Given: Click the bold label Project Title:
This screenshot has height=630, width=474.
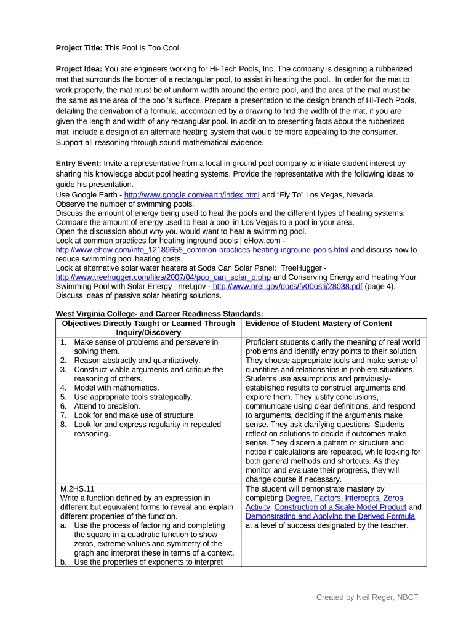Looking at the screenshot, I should coord(79,48).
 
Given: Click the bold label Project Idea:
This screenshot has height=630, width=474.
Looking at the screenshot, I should coord(79,69).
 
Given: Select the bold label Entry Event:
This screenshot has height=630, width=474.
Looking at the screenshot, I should coord(79,164).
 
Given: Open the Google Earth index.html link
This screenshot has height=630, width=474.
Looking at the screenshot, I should coord(192,195).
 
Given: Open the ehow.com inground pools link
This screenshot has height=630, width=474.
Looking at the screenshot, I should coord(202,250).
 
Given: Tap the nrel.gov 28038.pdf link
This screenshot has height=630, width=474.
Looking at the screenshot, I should coord(287,287).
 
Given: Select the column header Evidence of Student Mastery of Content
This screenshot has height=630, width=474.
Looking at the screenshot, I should coord(318,324).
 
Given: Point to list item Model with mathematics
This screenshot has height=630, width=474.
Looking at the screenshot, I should coord(116,388).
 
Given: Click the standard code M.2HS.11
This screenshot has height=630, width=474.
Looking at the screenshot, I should coord(77,489).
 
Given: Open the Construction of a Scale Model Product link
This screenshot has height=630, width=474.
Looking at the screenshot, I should coord(340,508).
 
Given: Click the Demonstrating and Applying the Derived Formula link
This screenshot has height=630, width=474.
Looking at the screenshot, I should coord(330,517).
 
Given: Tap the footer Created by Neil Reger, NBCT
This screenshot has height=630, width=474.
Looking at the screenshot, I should coord(367,597).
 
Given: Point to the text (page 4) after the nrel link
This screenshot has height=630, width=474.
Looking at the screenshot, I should coord(380,287).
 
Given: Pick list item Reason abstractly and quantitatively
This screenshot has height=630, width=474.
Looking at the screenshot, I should coord(137,361).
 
